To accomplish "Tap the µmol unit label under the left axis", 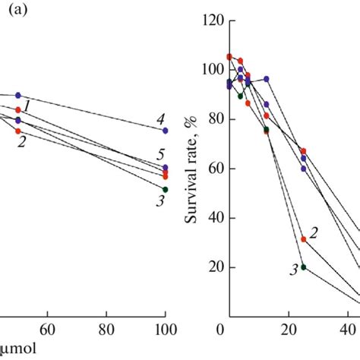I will (x=18, y=350).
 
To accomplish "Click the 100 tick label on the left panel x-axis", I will (x=165, y=331).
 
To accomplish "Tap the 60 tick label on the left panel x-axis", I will (x=47, y=331).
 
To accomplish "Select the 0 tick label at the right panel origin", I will (x=219, y=331).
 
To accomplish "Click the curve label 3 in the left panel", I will (x=160, y=201).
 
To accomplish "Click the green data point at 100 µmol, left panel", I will (x=166, y=189).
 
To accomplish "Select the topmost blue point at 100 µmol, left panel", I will (x=166, y=131).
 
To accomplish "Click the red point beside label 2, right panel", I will (x=303, y=239).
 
